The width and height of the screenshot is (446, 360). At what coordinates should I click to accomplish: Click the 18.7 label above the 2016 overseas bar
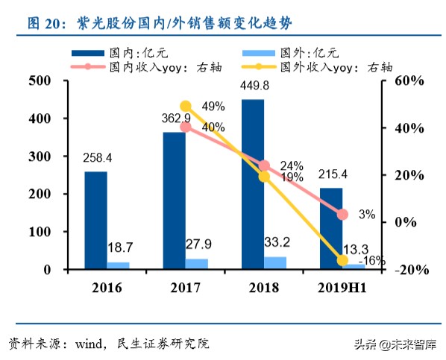coord(120,247)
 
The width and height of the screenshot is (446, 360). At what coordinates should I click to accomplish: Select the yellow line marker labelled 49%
coord(186,107)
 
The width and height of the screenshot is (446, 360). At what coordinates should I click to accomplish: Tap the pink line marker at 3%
coord(342,215)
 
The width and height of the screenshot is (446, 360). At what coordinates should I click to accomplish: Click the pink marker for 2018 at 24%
coord(264,165)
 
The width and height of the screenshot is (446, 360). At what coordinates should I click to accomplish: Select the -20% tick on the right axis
coord(407,270)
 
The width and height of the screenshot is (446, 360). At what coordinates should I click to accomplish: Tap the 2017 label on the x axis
coord(184,288)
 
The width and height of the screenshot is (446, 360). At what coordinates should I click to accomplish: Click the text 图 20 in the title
coord(43,23)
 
